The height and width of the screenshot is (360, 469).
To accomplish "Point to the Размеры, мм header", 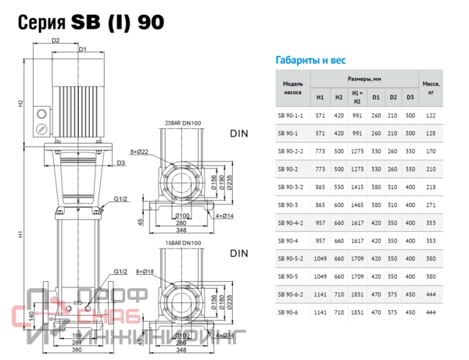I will click(x=363, y=80).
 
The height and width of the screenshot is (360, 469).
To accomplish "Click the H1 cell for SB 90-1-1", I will click(x=320, y=116).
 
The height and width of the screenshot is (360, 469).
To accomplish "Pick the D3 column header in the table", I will click(x=410, y=97).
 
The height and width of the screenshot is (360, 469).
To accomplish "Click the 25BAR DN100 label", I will click(x=183, y=123).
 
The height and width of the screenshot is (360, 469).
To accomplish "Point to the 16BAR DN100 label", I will click(x=183, y=244).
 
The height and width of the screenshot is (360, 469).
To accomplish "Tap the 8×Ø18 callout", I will click(x=146, y=271).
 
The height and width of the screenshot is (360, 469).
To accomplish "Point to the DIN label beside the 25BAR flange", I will click(x=238, y=134).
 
